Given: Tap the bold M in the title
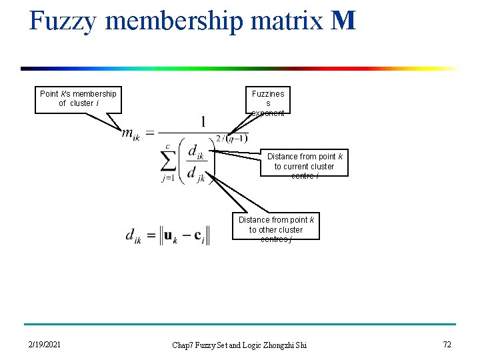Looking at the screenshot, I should [x=343, y=21].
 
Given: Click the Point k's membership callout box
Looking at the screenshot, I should [x=78, y=99].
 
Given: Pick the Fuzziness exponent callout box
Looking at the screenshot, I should [x=268, y=103].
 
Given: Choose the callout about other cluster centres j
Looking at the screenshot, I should [x=276, y=227].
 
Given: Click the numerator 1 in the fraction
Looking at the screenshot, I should [x=203, y=122].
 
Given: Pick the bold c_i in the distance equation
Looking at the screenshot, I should [x=199, y=236].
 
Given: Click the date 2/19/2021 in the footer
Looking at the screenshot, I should [x=45, y=345].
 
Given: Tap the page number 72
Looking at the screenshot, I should [x=447, y=345].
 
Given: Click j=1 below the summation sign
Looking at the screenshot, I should [x=169, y=179].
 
